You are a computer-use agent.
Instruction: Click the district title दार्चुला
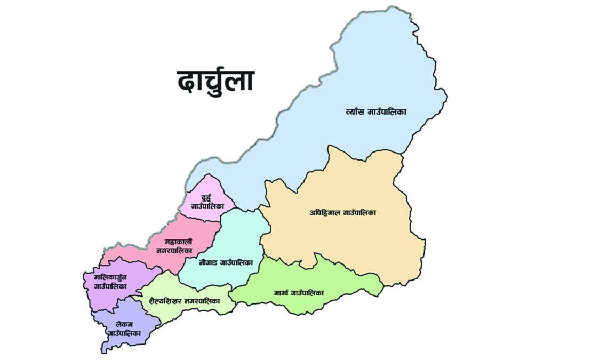coord(215,81)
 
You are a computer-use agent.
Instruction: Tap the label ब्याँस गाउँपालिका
coord(375,112)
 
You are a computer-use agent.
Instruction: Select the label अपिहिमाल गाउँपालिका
coord(343,212)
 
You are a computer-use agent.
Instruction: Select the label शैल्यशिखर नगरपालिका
coord(185,301)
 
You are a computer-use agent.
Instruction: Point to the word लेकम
coord(124,324)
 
